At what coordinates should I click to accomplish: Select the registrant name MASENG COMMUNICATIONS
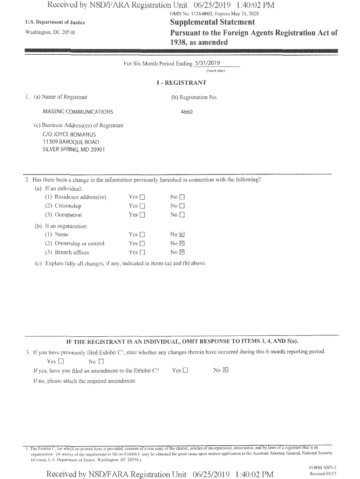click(x=78, y=112)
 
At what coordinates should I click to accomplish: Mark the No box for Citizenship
click(x=182, y=206)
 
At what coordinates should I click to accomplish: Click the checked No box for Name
click(x=182, y=234)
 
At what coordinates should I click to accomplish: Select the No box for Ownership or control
click(x=182, y=243)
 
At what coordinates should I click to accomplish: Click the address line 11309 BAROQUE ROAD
click(x=71, y=142)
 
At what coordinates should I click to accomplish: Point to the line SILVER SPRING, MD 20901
click(x=73, y=149)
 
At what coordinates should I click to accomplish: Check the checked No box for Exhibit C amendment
click(x=225, y=370)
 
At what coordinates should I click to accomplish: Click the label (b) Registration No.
click(x=194, y=97)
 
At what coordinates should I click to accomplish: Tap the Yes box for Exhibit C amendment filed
click(x=186, y=370)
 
